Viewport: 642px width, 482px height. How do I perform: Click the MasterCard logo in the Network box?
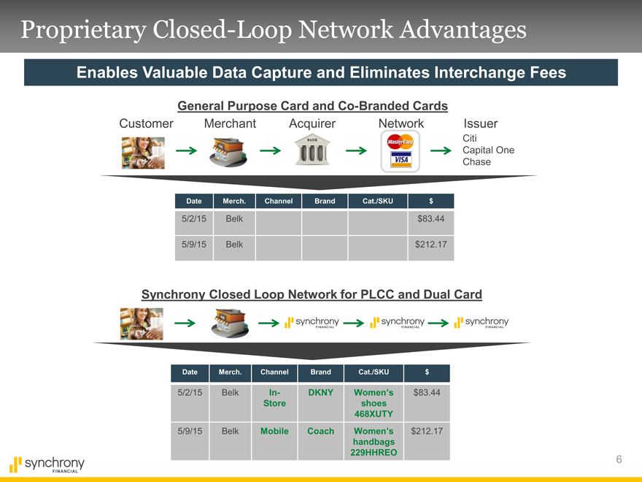(400, 142)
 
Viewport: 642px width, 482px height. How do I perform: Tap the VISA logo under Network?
(401, 159)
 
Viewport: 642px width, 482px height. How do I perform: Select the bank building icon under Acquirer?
(312, 151)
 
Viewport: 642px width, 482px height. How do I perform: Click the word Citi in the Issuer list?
(470, 138)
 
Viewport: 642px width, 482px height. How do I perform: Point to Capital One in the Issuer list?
(489, 150)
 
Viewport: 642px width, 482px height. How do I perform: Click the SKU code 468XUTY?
(374, 414)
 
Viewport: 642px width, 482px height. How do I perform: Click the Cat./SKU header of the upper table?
(377, 202)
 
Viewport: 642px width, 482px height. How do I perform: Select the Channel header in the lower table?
(274, 372)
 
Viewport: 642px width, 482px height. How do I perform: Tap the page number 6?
(619, 459)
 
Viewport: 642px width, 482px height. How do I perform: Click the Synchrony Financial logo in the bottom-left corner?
(47, 464)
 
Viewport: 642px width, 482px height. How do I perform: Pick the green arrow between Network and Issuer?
(441, 151)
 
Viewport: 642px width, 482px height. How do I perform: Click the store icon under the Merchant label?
(228, 152)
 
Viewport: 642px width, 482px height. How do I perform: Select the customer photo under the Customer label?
(143, 153)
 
